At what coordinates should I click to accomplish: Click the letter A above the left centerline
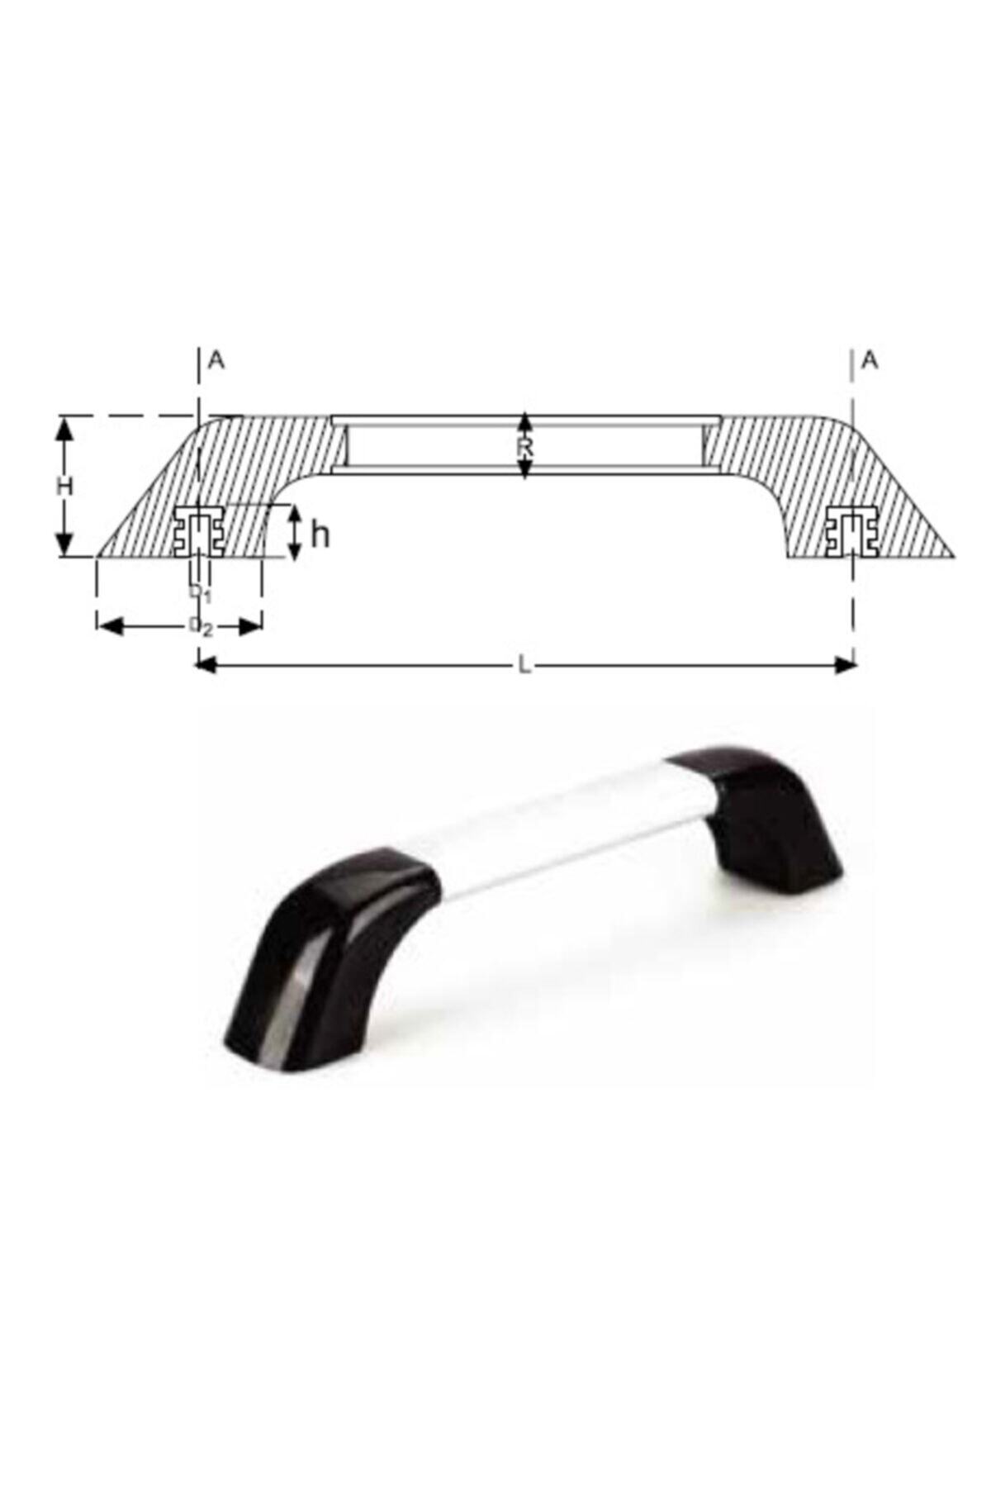pyautogui.click(x=216, y=360)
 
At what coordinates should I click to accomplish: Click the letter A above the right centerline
pyautogui.click(x=869, y=360)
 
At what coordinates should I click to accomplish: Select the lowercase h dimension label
pyautogui.click(x=320, y=535)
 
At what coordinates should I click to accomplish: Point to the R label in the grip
pyautogui.click(x=525, y=449)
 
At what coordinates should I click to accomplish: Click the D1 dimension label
pyautogui.click(x=199, y=593)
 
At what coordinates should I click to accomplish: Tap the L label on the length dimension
pyautogui.click(x=524, y=666)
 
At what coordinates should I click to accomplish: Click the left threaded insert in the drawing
pyautogui.click(x=198, y=532)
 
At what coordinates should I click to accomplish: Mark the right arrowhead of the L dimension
pyautogui.click(x=846, y=665)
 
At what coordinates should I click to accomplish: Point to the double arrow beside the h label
pyautogui.click(x=296, y=533)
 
